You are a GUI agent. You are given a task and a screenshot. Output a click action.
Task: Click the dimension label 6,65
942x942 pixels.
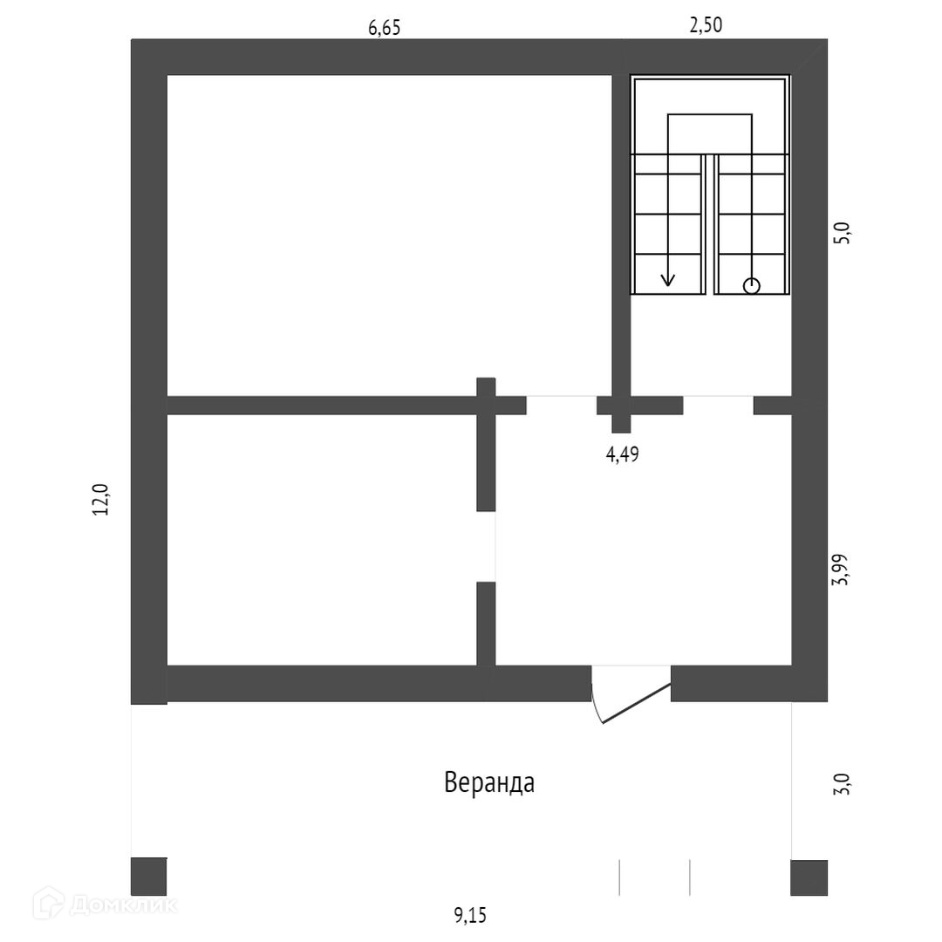point(384,27)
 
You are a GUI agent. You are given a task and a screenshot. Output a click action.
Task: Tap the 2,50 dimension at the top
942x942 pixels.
point(706,25)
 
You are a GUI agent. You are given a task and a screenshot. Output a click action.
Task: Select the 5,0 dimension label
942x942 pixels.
point(842,234)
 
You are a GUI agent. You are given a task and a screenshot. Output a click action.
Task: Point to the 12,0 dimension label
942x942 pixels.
point(101,500)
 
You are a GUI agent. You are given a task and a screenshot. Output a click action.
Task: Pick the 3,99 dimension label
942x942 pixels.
point(842,569)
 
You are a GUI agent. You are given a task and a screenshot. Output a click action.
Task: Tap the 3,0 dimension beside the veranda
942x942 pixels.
point(842,782)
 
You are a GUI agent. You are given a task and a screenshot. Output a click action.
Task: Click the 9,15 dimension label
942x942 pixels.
point(470,915)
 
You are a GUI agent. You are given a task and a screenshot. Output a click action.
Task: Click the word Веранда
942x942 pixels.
point(489,782)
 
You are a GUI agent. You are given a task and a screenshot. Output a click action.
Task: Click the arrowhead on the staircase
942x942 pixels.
point(668,280)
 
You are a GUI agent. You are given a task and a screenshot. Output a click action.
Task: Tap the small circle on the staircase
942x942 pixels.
point(751,285)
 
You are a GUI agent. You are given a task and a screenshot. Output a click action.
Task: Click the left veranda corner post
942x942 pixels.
point(148,877)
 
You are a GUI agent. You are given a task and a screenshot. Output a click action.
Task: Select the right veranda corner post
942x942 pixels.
point(809,877)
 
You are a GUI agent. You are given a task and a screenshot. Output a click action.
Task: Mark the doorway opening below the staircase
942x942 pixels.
point(718,405)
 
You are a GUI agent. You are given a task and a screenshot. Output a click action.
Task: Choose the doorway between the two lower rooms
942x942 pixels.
point(486,546)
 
